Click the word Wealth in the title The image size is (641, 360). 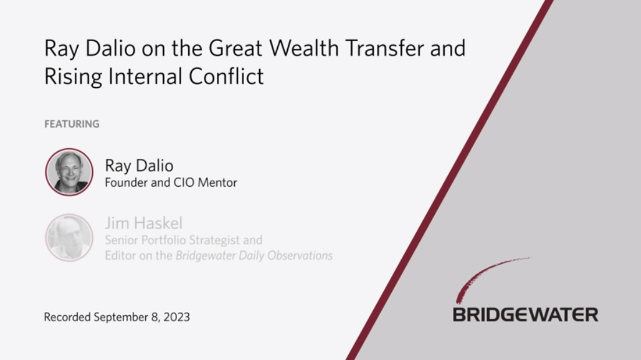(x=304, y=48)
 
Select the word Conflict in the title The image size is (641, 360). (x=226, y=77)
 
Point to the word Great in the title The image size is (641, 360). (x=235, y=48)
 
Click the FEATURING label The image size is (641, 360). (x=72, y=124)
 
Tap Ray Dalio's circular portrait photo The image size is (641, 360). (x=69, y=172)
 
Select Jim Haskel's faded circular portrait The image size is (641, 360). (x=69, y=237)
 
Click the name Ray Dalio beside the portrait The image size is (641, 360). (x=139, y=166)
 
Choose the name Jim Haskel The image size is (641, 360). (x=143, y=223)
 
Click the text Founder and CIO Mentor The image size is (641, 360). (x=171, y=182)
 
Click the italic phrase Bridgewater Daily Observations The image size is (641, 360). (x=254, y=256)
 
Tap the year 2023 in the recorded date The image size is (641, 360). (x=177, y=317)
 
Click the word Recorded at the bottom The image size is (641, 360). (x=67, y=317)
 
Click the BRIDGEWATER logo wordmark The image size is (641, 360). (x=525, y=315)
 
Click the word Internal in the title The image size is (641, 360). (x=145, y=77)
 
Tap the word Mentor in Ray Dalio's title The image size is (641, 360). (x=217, y=182)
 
